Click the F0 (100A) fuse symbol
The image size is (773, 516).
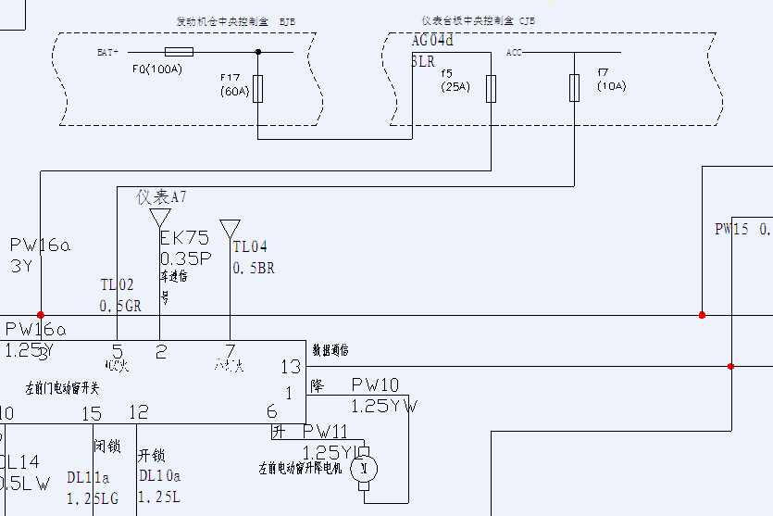[178, 52]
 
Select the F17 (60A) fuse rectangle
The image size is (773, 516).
[257, 89]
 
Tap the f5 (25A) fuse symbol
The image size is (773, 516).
[492, 88]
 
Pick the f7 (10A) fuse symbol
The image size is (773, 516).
[574, 88]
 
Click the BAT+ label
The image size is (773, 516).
[108, 53]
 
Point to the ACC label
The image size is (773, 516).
[514, 53]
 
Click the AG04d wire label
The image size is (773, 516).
[432, 41]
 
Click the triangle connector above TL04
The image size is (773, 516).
[230, 228]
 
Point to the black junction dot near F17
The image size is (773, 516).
[257, 52]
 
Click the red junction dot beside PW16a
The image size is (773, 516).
[40, 315]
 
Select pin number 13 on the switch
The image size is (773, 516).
[291, 367]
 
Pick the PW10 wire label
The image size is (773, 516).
[375, 384]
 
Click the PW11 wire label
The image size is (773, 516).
[326, 432]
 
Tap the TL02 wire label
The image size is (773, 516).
[117, 285]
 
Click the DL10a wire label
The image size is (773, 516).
[160, 476]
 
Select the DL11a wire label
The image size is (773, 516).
[88, 477]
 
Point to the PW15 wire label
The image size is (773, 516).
[731, 229]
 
